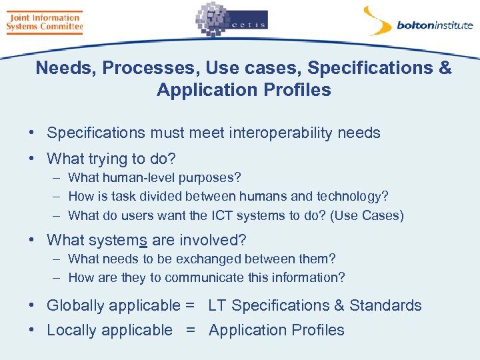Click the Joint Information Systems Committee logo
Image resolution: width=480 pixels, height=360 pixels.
44,23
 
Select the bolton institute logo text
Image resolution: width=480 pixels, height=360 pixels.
435,26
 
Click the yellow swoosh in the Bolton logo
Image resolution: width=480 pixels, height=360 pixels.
377,20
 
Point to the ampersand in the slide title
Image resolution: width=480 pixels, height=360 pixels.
445,68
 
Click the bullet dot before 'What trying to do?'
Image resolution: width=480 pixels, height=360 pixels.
32,159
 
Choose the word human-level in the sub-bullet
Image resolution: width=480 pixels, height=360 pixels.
134,178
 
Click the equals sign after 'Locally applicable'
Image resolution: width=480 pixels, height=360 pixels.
190,330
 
